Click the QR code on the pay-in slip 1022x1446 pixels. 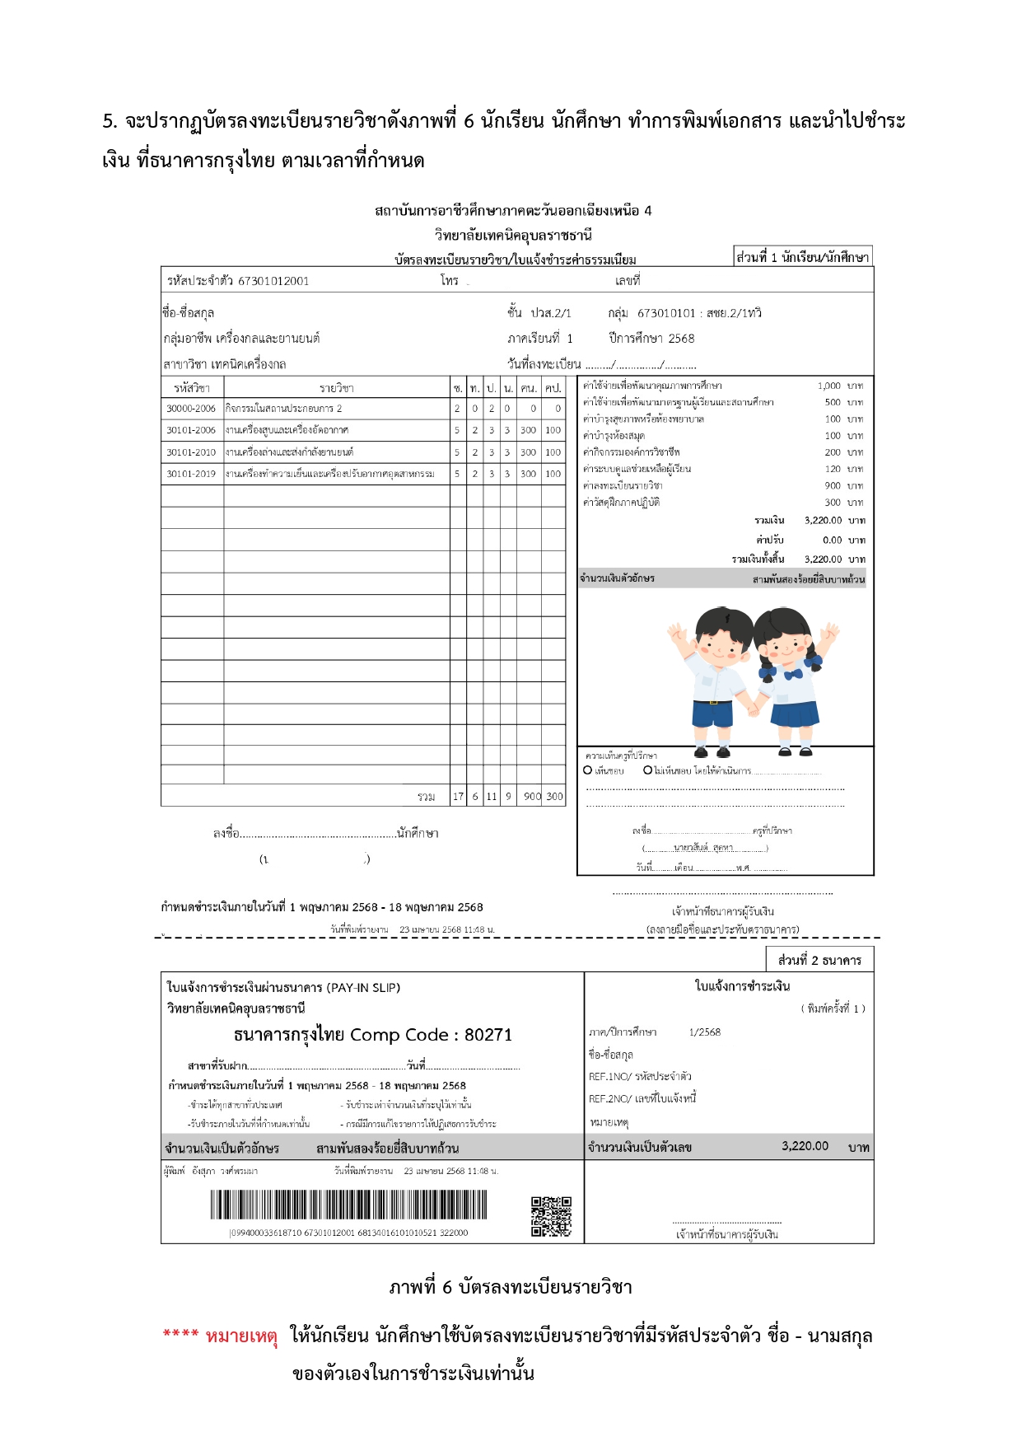click(x=551, y=1216)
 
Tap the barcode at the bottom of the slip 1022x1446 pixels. click(x=348, y=1205)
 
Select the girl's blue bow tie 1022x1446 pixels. click(x=793, y=675)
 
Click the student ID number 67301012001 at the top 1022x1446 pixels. click(x=273, y=281)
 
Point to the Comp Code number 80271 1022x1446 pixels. click(x=488, y=1035)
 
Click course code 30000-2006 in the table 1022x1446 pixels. click(x=191, y=409)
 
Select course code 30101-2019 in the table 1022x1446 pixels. click(x=191, y=474)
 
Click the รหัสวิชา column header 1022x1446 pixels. click(x=192, y=388)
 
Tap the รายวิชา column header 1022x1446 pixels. click(x=336, y=388)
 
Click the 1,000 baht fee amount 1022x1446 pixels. click(x=828, y=386)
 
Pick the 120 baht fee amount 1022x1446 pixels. click(x=833, y=469)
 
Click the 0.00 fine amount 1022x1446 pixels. click(x=832, y=540)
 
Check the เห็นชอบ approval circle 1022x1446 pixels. click(x=588, y=770)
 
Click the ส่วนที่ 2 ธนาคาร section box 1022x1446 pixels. click(x=819, y=960)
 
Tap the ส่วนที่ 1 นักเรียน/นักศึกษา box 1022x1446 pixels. click(x=802, y=257)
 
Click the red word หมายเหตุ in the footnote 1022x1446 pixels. click(x=241, y=1336)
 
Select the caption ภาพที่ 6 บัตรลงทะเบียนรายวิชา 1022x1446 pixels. click(x=511, y=1287)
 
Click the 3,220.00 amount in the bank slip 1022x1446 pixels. click(x=805, y=1146)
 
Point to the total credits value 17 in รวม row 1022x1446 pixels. click(x=458, y=797)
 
